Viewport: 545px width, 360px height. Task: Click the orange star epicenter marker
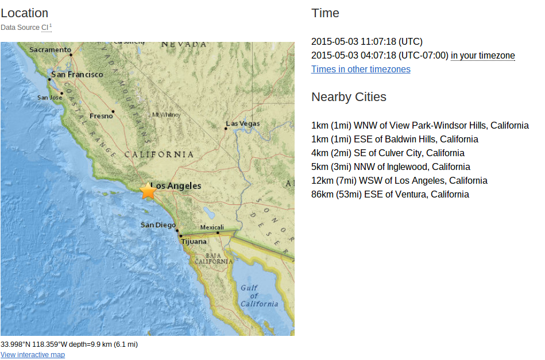click(148, 191)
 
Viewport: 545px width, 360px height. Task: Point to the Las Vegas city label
click(243, 123)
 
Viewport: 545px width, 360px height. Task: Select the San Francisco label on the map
click(78, 75)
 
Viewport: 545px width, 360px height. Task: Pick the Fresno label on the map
click(101, 116)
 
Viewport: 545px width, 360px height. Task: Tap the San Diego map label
click(158, 224)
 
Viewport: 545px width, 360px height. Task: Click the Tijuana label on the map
click(194, 242)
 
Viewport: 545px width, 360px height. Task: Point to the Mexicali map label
click(212, 227)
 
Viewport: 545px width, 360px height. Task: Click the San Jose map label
click(49, 98)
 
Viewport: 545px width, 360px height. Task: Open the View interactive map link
click(33, 355)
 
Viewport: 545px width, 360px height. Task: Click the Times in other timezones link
click(361, 69)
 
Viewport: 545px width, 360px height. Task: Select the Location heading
click(25, 13)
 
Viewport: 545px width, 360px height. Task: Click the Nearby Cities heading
click(349, 97)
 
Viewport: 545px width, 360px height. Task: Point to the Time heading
click(325, 13)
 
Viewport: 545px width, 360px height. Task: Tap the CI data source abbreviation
click(45, 28)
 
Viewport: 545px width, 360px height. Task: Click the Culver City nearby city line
click(388, 153)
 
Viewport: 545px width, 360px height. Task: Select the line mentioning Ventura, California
click(390, 195)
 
